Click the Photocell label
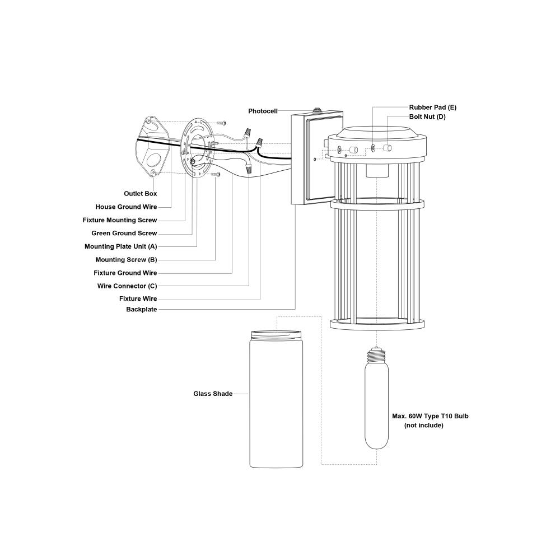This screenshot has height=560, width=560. click(x=263, y=111)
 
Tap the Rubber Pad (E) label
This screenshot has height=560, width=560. click(x=432, y=107)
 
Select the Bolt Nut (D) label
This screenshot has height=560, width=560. click(x=427, y=117)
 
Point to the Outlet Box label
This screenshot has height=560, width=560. click(x=141, y=194)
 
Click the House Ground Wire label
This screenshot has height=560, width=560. click(x=126, y=207)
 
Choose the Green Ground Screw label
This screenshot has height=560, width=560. click(x=124, y=233)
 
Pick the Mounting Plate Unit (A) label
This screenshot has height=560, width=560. click(x=121, y=246)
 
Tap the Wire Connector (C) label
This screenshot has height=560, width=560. click(x=127, y=286)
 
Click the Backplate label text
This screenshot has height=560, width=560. click(x=142, y=309)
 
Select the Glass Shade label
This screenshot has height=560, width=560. click(x=213, y=394)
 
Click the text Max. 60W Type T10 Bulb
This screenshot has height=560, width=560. click(x=430, y=416)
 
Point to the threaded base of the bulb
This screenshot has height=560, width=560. click(x=376, y=355)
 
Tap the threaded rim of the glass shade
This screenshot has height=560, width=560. click(x=276, y=335)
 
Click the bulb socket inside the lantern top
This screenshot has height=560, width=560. click(x=377, y=171)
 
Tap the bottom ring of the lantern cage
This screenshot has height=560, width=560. click(x=377, y=324)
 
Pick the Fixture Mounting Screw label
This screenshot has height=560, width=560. click(x=120, y=220)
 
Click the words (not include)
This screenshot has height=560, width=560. click(x=423, y=426)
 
